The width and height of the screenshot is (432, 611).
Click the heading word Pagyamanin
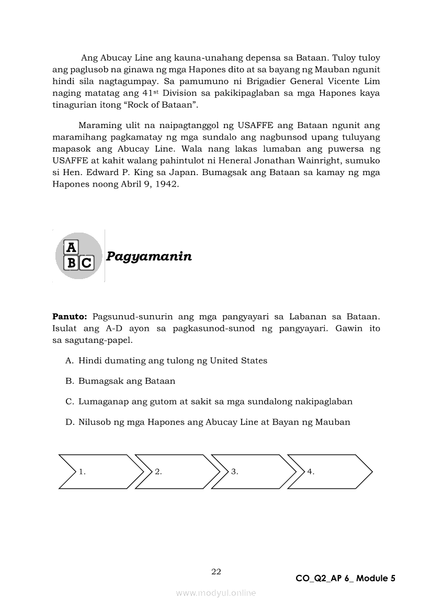coord(149,256)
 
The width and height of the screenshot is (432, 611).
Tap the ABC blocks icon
coord(78,256)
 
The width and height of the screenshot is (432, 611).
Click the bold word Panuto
coord(70,317)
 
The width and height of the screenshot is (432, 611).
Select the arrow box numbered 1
coord(99,471)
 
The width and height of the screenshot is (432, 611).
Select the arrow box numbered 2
coord(176,471)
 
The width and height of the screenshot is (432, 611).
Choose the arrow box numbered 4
coord(329,471)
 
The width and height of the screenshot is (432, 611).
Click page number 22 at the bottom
coord(216,571)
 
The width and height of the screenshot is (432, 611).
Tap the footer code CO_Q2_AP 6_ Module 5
coord(345,578)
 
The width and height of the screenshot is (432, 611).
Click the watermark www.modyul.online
coord(216,593)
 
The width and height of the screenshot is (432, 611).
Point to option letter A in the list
coord(69,361)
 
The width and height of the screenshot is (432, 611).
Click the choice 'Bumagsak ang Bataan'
coord(127,381)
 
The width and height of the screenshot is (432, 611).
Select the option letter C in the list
coord(69,401)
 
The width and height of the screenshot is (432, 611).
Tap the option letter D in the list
coord(69,422)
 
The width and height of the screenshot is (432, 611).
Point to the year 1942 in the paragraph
coord(167,185)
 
